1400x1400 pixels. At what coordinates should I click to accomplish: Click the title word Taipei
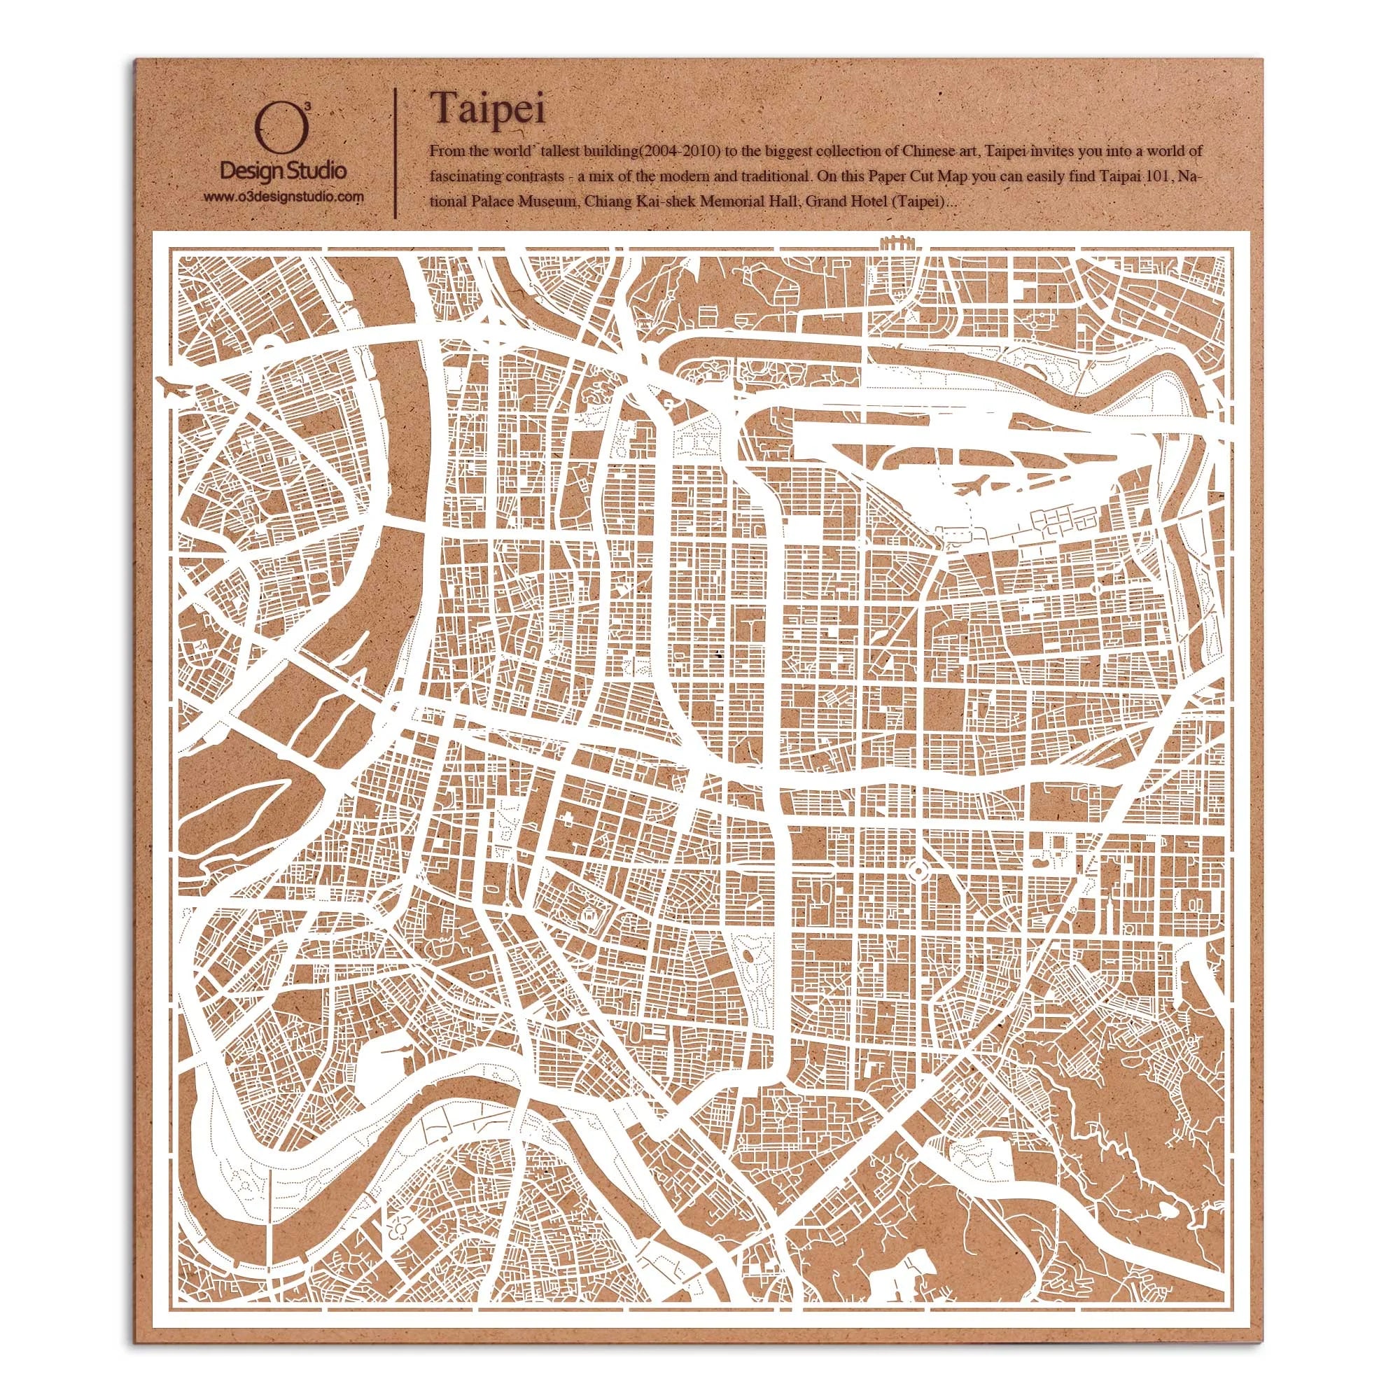(489, 108)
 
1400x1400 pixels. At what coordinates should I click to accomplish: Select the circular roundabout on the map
(916, 867)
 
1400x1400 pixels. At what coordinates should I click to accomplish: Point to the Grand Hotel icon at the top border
(897, 244)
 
